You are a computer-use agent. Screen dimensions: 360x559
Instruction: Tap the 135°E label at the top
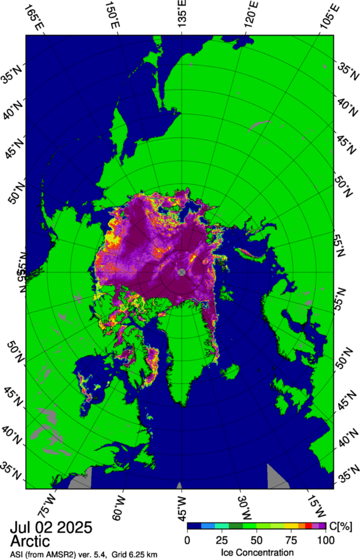coord(181,13)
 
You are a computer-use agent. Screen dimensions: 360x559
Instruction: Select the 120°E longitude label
coord(251,16)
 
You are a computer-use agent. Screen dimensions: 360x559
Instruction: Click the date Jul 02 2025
coord(51,528)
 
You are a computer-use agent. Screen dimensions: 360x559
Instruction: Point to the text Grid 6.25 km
coord(148,553)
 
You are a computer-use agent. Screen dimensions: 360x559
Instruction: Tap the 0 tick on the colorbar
coord(188,540)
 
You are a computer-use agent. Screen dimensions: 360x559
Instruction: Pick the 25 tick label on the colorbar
coord(221,540)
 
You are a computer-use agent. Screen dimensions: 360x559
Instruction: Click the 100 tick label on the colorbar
coord(325,540)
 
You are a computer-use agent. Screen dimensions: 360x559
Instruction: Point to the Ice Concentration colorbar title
coord(256,551)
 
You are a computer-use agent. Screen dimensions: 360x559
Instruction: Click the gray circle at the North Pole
coord(182,272)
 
